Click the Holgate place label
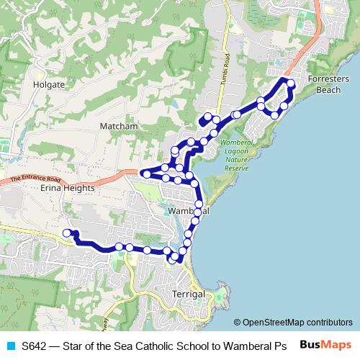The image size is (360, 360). (49, 84)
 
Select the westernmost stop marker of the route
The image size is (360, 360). (67, 233)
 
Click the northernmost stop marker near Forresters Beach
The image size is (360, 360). (291, 84)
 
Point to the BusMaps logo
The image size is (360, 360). (326, 344)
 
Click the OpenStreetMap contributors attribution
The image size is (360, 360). (297, 323)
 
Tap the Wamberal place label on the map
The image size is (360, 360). (188, 212)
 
